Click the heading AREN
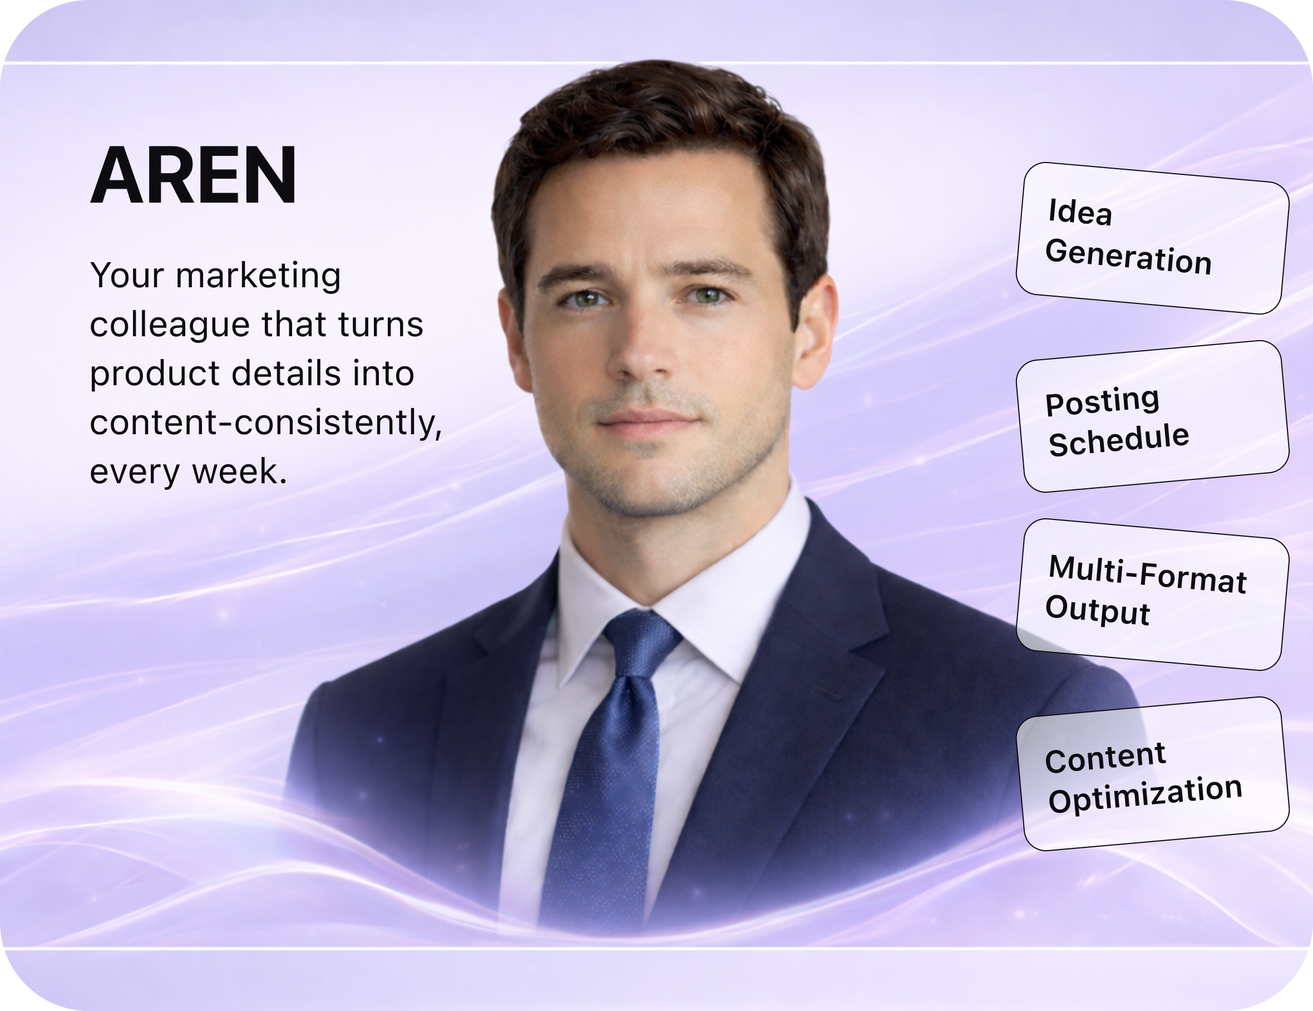[x=193, y=175]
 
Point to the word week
[x=239, y=471]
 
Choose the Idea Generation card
[x=1152, y=238]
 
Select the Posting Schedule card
[x=1152, y=416]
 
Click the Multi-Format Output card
[x=1152, y=594]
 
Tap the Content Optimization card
[x=1152, y=773]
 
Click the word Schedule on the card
[x=1118, y=440]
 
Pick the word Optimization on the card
[x=1144, y=794]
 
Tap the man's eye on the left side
[x=585, y=298]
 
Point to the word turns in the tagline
[x=380, y=325]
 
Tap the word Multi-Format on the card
[x=1147, y=575]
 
